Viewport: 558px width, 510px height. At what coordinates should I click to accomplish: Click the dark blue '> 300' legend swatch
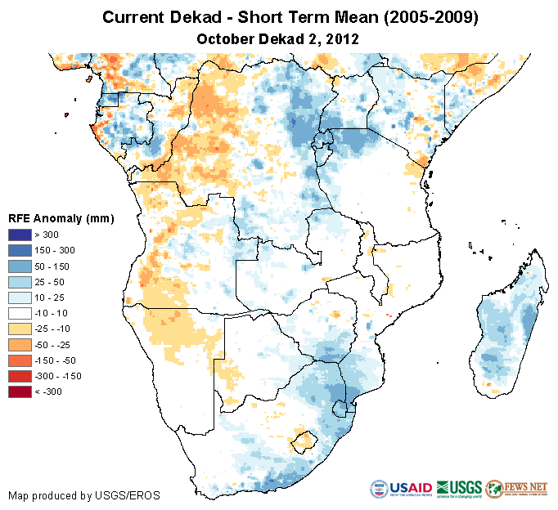point(20,235)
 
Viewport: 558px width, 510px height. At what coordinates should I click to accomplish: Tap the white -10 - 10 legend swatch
point(20,314)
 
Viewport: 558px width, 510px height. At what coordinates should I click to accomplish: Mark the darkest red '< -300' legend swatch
point(20,391)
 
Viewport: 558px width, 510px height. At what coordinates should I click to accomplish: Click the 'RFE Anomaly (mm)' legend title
point(61,219)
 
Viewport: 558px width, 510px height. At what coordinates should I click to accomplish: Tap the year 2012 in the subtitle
point(344,38)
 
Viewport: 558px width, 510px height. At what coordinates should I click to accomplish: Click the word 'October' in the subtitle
point(225,38)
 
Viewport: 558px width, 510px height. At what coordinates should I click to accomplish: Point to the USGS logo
point(459,488)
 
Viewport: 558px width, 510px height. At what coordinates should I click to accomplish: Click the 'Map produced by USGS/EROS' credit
point(83,495)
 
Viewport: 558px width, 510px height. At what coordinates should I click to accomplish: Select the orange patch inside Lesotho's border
point(305,441)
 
